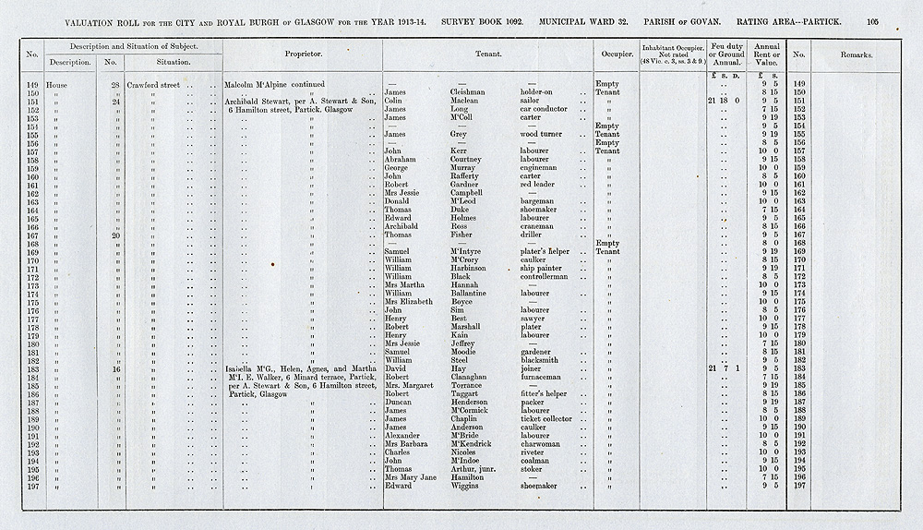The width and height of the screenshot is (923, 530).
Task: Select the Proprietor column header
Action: point(303,54)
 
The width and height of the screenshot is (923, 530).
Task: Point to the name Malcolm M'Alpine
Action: point(261,84)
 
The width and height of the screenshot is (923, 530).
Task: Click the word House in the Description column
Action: point(65,84)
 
